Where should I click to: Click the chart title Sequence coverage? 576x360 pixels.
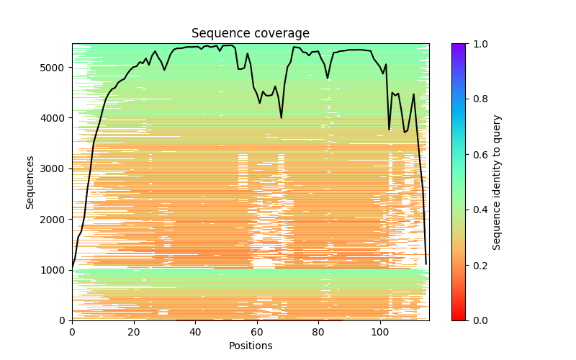250,34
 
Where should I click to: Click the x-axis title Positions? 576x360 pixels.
250,346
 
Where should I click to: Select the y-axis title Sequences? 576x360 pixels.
30,182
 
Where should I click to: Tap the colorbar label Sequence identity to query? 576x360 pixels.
497,182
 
